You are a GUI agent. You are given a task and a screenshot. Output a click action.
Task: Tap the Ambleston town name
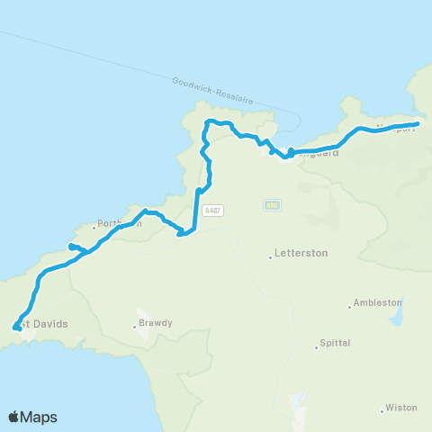[378, 303]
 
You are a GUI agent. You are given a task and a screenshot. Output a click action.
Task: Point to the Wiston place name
[400, 408]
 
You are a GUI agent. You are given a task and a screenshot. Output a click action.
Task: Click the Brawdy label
[155, 323]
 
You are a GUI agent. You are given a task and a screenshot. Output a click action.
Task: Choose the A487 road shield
[211, 210]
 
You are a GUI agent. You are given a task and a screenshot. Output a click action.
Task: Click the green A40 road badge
[272, 205]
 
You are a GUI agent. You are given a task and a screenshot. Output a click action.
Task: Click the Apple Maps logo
[32, 417]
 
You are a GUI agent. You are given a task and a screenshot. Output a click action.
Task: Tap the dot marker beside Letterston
[270, 257]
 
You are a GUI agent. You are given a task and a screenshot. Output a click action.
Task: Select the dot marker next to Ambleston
[350, 306]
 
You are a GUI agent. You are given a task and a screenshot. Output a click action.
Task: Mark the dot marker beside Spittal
[318, 346]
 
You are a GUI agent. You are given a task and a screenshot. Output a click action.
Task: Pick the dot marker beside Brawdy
[135, 326]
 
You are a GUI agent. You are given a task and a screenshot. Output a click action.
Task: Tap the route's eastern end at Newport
[417, 124]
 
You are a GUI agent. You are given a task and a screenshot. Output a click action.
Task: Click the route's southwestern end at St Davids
[15, 328]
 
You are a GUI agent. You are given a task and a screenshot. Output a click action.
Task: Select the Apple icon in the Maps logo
[14, 417]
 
